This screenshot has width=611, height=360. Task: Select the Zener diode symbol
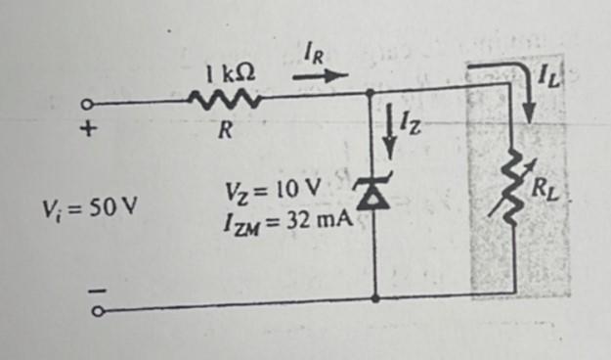tap(374, 196)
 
